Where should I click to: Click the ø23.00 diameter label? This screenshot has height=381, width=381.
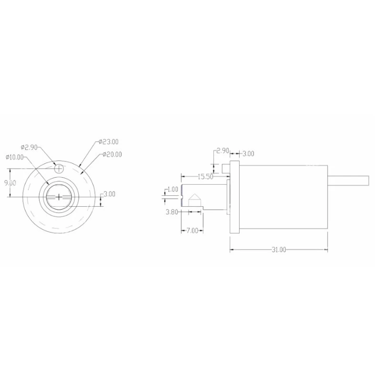[109, 141]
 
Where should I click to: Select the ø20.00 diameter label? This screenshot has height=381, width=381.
[112, 154]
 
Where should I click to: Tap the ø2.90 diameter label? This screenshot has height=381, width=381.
[29, 147]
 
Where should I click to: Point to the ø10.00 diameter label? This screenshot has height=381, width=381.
[15, 157]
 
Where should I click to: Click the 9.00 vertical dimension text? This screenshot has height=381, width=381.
[10, 183]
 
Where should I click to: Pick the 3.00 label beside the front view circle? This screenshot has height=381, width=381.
[110, 194]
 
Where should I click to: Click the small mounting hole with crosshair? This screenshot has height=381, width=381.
[59, 168]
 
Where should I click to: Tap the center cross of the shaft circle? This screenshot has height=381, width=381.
[59, 197]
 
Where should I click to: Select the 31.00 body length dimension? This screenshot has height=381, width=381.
[279, 250]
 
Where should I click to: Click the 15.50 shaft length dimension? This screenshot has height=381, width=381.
[205, 176]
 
